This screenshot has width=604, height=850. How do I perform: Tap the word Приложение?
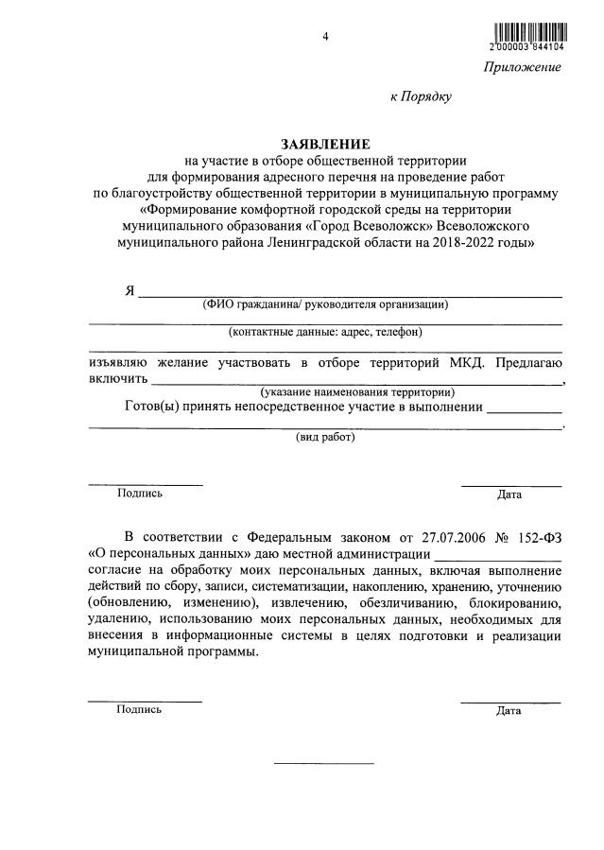523,67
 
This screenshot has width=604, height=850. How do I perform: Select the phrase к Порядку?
422,95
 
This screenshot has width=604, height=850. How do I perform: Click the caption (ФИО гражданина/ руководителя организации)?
325,304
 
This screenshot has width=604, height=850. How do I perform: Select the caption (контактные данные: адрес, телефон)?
325,332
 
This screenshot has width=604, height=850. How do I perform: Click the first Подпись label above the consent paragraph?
140,493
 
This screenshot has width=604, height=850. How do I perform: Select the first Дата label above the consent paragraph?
509,494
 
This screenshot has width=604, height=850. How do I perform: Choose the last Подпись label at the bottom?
139,709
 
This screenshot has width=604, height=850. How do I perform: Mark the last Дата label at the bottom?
509,711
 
